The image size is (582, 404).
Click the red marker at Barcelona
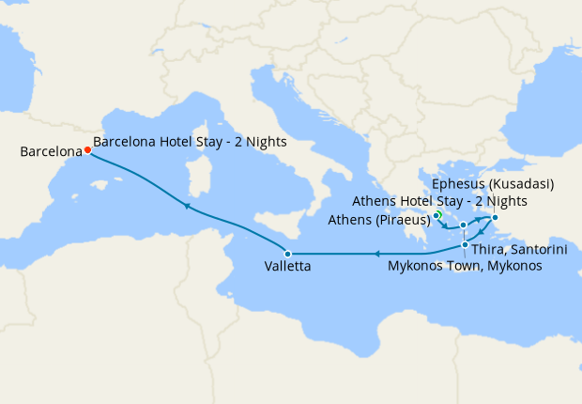point(87,149)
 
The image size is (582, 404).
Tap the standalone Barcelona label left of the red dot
point(44,150)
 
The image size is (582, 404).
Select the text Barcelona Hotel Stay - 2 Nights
point(191,142)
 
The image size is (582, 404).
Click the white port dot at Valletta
point(288,254)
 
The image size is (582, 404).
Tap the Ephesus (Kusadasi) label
point(493,183)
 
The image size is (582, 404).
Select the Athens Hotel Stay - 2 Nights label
point(439,201)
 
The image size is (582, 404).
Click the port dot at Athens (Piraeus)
point(436,217)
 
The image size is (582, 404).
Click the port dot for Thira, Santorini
point(465,245)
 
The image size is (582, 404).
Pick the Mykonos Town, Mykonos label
point(465,266)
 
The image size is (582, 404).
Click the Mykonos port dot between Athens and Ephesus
point(464,225)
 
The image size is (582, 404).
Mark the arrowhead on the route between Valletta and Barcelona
point(187,206)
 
